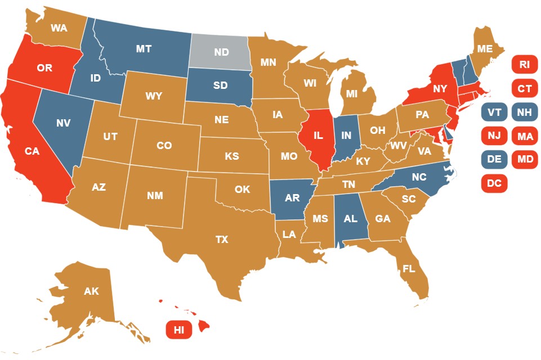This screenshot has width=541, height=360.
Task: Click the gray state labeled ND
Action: tap(220, 52)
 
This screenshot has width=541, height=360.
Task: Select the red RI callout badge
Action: tap(524, 65)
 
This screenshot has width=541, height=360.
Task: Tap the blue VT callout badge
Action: tap(494, 112)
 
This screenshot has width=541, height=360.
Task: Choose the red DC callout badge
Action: tap(494, 183)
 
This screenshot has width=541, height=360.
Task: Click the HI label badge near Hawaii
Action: tap(179, 330)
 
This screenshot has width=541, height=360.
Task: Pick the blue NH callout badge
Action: tap(524, 112)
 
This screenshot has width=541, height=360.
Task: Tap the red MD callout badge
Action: tap(524, 159)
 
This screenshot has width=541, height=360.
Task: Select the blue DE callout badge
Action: tap(494, 159)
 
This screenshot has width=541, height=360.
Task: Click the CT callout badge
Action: tap(524, 88)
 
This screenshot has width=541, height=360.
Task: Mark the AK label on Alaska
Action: tap(91, 291)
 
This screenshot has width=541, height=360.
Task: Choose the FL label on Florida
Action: tap(409, 269)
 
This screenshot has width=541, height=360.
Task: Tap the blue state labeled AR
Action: tap(292, 198)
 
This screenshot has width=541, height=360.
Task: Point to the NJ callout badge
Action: tap(494, 136)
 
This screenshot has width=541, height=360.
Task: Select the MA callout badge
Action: tap(524, 136)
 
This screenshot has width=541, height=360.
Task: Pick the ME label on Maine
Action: tap(485, 49)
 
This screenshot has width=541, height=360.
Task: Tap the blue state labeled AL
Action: tap(350, 219)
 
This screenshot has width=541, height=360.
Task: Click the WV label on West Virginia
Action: tap(399, 146)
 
